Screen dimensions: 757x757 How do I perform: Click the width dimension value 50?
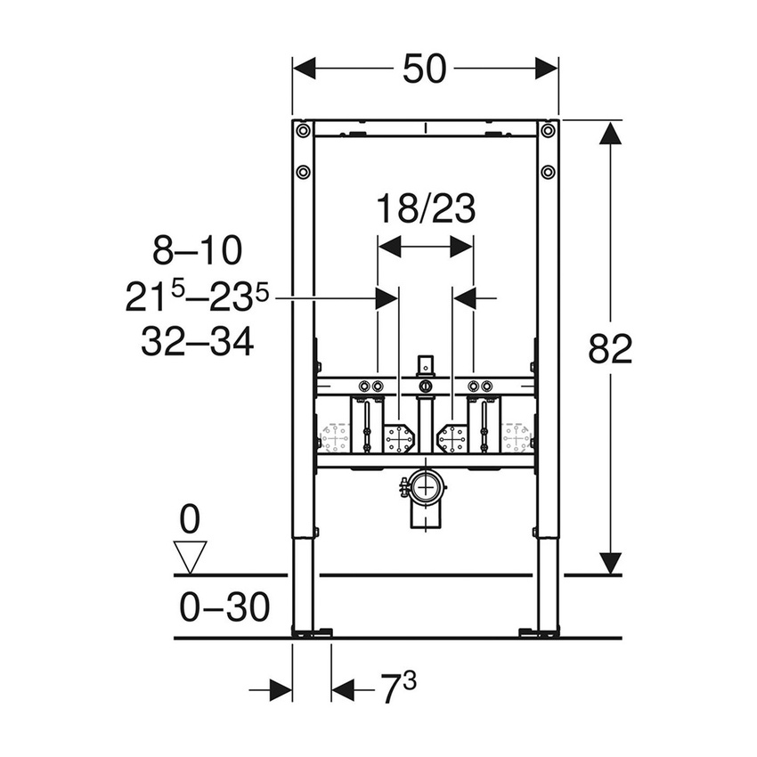point(424,69)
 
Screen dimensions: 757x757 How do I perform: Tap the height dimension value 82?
point(610,349)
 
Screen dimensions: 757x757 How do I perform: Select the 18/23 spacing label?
point(425,210)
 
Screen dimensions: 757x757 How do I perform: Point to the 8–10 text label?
point(197,252)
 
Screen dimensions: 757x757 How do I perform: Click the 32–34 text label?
point(197,341)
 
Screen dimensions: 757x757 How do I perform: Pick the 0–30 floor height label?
point(224,608)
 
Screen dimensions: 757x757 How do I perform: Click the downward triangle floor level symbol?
point(191,557)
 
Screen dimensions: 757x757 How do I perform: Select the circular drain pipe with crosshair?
point(427,486)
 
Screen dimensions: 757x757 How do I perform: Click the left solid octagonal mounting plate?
point(398,438)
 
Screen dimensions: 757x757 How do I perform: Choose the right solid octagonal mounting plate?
point(452,438)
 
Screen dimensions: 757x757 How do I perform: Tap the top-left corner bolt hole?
point(304,131)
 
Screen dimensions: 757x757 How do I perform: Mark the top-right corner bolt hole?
point(548,131)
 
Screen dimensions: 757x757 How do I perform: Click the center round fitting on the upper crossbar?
point(426,386)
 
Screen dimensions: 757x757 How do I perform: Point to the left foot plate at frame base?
point(312,633)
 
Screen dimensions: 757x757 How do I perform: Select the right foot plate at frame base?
point(540,633)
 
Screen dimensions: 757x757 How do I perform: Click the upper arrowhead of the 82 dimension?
point(610,133)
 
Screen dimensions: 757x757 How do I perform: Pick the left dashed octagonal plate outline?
point(336,438)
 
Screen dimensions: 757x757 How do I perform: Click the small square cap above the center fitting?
point(426,363)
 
